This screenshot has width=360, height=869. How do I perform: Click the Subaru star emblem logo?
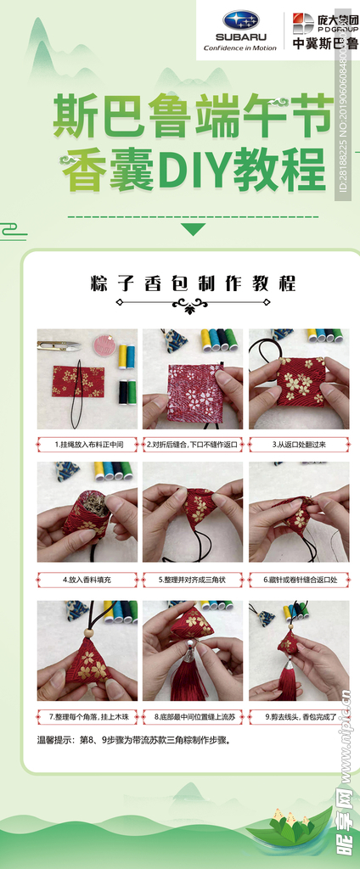pos(240,20)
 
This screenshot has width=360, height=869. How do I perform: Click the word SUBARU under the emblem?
pos(240,36)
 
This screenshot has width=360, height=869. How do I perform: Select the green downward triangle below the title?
pos(194,229)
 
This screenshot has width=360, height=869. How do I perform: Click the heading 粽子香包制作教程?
pos(194,283)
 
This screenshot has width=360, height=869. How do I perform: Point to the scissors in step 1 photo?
pos(59,345)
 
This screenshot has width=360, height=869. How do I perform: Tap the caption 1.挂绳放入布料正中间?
pos(87,444)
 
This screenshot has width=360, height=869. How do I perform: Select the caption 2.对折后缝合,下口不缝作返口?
pos(193,444)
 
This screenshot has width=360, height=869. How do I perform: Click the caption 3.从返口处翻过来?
pos(299,444)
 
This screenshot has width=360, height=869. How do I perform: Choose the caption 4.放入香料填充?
pos(87,580)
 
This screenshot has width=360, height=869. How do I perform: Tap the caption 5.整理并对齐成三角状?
pos(193,580)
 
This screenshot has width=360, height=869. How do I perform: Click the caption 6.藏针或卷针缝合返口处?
pos(299,580)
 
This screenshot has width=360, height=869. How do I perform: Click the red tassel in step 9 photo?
pos(289,679)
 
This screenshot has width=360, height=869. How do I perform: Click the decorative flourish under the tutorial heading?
pos(194,303)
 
